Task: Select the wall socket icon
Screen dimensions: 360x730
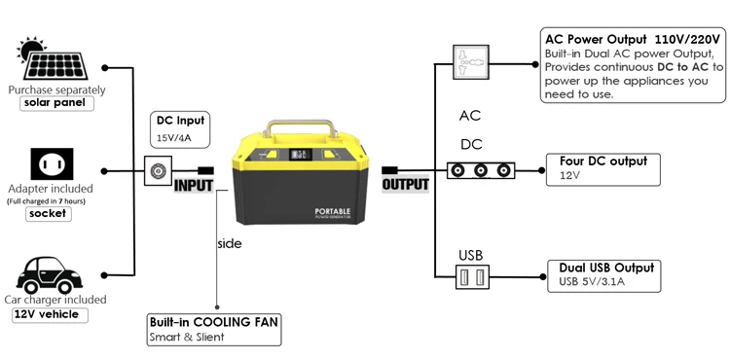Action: point(52,163)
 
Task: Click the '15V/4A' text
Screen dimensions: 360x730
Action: point(175,138)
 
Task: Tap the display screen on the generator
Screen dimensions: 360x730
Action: point(302,155)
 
